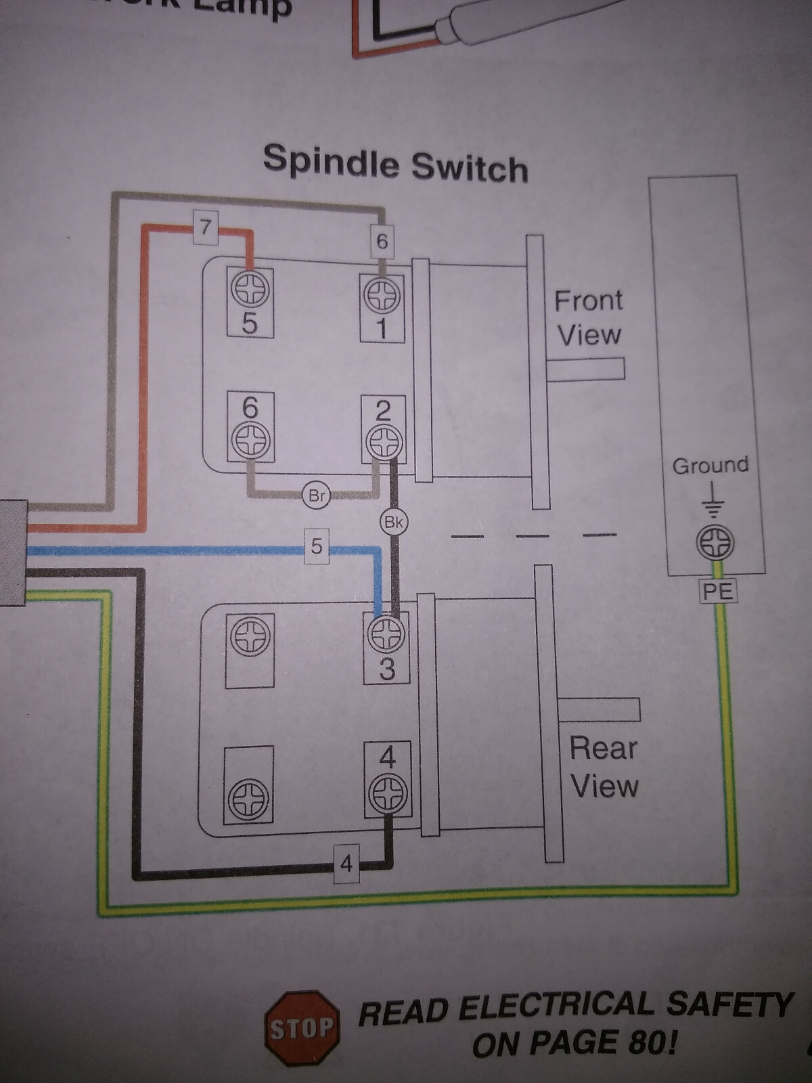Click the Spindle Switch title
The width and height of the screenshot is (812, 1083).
395,163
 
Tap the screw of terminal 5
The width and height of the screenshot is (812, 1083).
250,290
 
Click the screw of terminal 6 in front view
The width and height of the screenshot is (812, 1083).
250,441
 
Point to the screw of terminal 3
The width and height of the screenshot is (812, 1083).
386,635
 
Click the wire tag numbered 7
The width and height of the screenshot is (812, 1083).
206,226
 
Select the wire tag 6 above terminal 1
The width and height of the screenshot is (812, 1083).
382,242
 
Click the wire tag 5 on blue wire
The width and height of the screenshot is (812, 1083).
317,546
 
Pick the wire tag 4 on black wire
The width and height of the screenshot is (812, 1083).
346,864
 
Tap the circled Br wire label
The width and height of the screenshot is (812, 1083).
317,495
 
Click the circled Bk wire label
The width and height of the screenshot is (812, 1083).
393,522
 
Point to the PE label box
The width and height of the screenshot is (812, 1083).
718,592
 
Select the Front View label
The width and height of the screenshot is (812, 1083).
589,317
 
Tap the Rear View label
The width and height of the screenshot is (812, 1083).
604,767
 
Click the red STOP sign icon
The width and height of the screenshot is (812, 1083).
302,1029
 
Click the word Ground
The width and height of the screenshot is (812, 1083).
710,466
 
